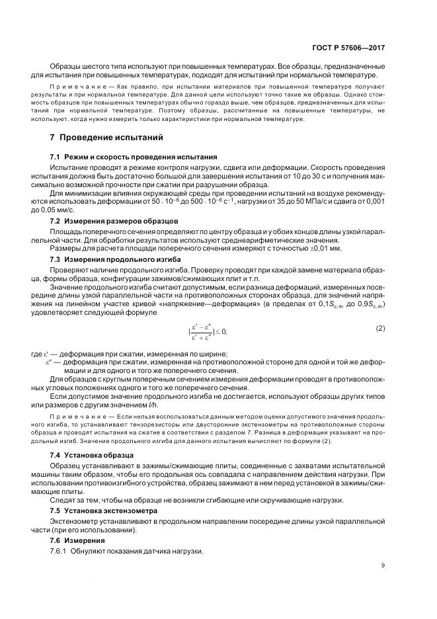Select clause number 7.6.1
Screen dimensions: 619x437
click(61, 552)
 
